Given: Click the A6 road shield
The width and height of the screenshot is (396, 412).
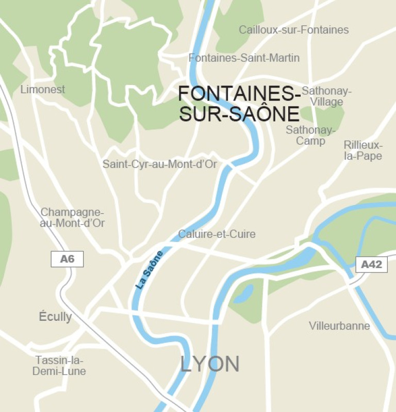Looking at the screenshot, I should [67, 259].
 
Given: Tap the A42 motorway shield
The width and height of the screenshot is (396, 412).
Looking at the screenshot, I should [371, 265].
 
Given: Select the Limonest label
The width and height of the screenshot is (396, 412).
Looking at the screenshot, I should [43, 90].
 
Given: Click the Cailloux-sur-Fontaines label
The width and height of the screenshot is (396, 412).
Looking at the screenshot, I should [293, 30].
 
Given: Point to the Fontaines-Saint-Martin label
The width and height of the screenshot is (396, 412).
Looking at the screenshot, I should [244, 58].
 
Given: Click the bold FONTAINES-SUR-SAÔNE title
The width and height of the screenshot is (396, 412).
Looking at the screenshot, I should [239, 104].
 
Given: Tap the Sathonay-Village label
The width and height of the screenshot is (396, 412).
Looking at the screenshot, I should [326, 96].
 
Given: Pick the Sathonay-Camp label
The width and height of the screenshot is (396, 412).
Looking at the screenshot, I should [310, 135].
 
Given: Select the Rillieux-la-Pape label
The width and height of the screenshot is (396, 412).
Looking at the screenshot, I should [363, 150].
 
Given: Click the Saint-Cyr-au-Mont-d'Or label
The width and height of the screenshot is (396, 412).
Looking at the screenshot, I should [160, 165].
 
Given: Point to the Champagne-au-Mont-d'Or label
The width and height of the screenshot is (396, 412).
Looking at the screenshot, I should [72, 218].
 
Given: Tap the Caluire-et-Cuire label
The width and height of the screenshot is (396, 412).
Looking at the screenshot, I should [217, 234].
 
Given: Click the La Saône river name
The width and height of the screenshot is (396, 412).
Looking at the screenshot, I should [150, 269].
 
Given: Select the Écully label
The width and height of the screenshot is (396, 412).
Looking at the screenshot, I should [55, 316].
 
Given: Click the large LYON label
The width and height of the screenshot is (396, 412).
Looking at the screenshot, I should [210, 364].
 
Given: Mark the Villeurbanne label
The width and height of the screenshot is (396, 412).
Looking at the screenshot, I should [339, 326].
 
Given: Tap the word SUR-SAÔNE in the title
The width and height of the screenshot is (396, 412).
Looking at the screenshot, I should [239, 114].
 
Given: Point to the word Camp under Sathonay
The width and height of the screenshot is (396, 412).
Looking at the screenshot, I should [310, 141].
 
